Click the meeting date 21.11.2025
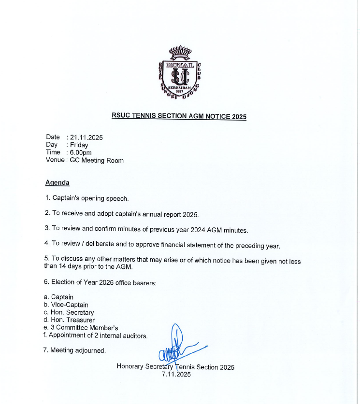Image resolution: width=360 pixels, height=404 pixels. pos(86,138)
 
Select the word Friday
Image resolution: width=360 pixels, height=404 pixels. pos(79,145)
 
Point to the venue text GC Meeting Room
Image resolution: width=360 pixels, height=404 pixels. pos(97,160)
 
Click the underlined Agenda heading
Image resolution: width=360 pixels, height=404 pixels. pos(57,183)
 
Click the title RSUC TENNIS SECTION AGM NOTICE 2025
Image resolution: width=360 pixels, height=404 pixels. pos(179,116)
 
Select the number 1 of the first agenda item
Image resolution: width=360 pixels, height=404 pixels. pos(46,198)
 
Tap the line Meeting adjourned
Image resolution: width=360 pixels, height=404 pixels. pos(78,350)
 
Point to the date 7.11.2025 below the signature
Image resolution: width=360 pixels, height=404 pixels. pos(176,375)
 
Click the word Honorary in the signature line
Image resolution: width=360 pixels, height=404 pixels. pos(130,367)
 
